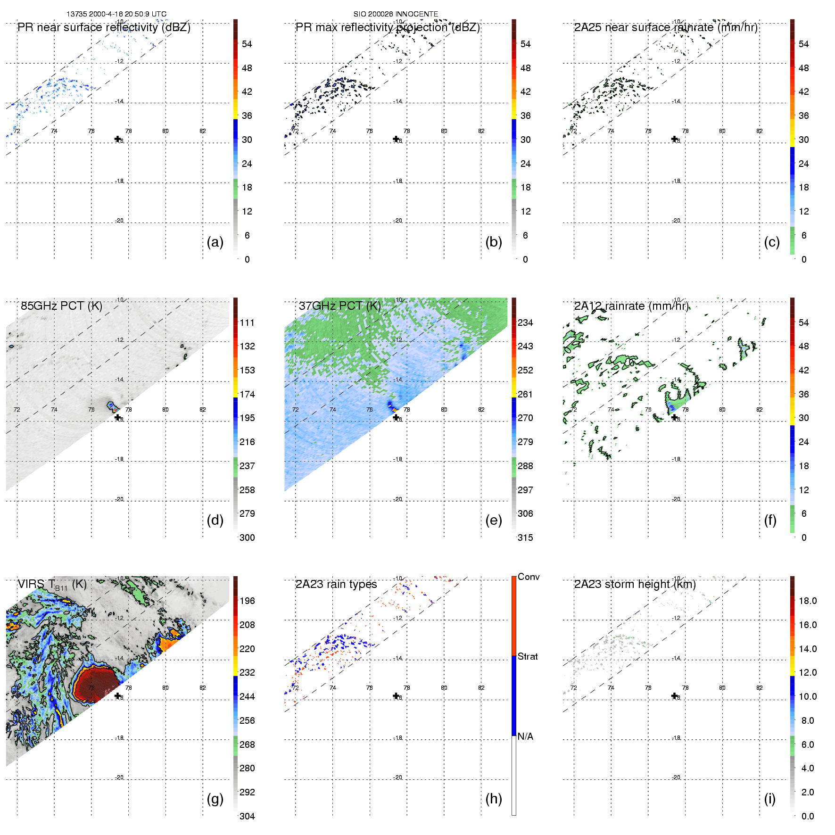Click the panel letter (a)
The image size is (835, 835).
point(215,242)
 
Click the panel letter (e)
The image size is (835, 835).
point(494,520)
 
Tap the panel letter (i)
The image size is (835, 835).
point(770,799)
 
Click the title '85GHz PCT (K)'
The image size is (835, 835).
point(61,306)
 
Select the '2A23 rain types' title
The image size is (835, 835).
point(336,584)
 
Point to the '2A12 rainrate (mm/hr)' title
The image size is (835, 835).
point(631,306)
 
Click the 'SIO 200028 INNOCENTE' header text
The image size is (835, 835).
point(396,14)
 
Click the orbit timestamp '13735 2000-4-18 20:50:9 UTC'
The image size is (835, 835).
point(116,14)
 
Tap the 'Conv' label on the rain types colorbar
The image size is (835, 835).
point(529,577)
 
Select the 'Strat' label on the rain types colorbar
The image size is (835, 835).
point(528,656)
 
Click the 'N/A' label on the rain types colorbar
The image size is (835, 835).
point(525,736)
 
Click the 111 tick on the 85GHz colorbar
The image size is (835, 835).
point(247,322)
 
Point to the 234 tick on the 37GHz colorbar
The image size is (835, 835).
point(525,322)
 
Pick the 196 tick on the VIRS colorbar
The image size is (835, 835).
point(247,601)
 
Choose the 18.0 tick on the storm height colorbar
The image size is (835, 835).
point(808,601)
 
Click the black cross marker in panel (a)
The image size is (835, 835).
point(117,139)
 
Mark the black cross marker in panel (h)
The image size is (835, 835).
point(396,695)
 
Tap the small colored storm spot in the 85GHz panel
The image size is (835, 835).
point(113,406)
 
